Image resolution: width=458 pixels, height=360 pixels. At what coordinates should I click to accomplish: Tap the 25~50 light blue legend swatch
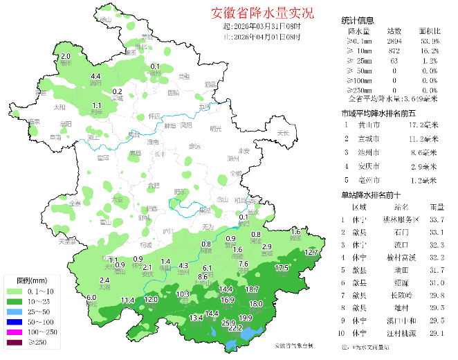click(x=16, y=312)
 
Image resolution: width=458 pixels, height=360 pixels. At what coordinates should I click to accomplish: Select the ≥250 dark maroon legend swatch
click(x=16, y=342)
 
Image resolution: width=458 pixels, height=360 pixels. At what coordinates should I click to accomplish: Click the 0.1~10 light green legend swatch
click(x=16, y=293)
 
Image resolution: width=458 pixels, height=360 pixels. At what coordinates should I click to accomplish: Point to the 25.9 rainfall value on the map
click(x=228, y=323)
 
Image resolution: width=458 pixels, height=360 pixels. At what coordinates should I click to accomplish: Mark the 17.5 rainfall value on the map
click(x=282, y=268)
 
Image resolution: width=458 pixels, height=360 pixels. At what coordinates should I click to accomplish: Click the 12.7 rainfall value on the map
click(x=311, y=253)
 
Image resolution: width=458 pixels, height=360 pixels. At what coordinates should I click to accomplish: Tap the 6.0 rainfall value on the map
click(x=91, y=298)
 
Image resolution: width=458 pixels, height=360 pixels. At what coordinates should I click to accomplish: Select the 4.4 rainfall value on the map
click(x=96, y=76)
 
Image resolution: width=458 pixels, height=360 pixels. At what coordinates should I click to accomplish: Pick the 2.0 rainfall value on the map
click(x=66, y=56)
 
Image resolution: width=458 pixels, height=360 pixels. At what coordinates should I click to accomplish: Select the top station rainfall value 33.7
click(x=437, y=220)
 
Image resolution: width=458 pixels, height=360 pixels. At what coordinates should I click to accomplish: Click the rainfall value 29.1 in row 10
click(x=437, y=333)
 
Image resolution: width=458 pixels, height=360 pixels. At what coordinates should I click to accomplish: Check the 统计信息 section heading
click(x=358, y=21)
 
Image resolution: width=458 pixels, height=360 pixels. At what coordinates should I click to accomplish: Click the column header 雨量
click(x=437, y=207)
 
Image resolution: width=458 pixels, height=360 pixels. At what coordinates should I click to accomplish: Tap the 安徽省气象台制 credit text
click(x=293, y=345)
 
